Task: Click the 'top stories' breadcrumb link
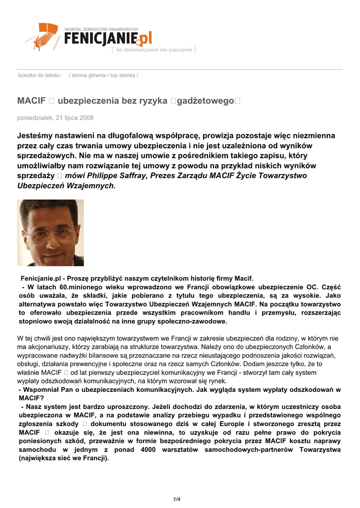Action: (123, 75)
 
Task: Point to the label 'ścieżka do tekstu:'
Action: (39, 75)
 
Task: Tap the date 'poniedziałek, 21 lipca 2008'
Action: (56, 118)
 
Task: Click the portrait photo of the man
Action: (50, 233)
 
